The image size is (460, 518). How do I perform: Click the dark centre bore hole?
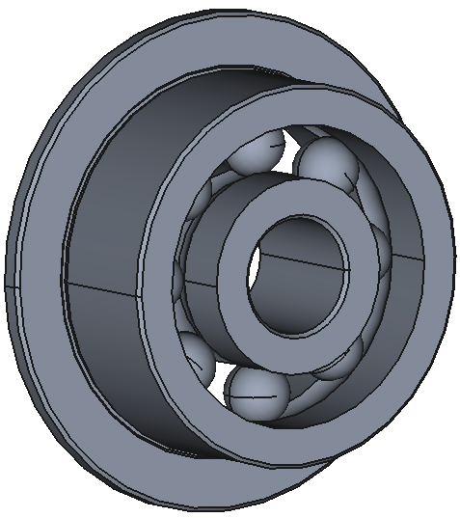click(294, 280)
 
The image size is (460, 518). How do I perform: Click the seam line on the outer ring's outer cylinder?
click(106, 286)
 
